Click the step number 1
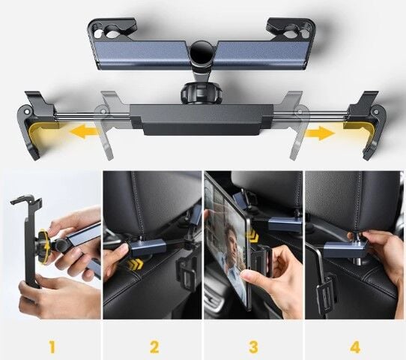pos(51,347)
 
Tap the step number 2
pos(154,347)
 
